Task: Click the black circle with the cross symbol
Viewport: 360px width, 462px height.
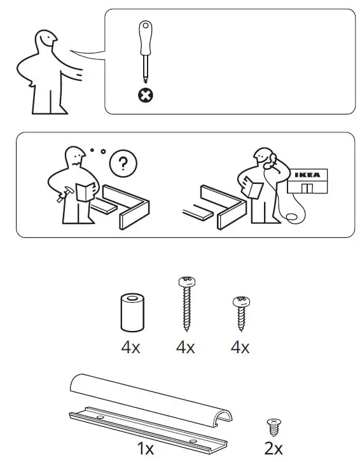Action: (146, 96)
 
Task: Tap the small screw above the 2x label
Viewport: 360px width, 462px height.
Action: (273, 424)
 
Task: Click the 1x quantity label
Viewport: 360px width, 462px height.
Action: (146, 449)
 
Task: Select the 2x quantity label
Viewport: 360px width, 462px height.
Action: (273, 449)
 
